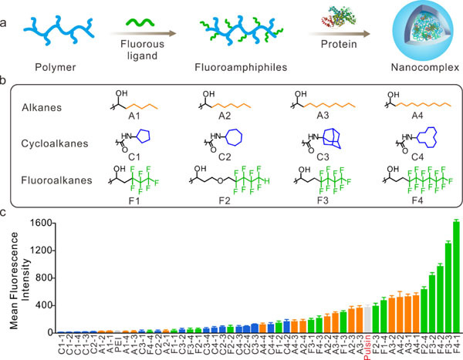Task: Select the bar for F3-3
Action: (x=448, y=288)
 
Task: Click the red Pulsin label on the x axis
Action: (x=367, y=346)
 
